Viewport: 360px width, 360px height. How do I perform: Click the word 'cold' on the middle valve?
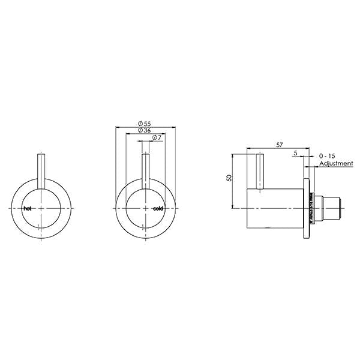click(158, 208)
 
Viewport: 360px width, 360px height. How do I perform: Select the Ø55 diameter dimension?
click(143, 122)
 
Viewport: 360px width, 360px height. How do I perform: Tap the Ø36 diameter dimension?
click(143, 130)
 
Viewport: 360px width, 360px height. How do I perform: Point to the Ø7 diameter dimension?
click(155, 139)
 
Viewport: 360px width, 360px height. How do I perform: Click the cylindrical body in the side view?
click(276, 207)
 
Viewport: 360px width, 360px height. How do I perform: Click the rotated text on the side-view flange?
click(311, 207)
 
